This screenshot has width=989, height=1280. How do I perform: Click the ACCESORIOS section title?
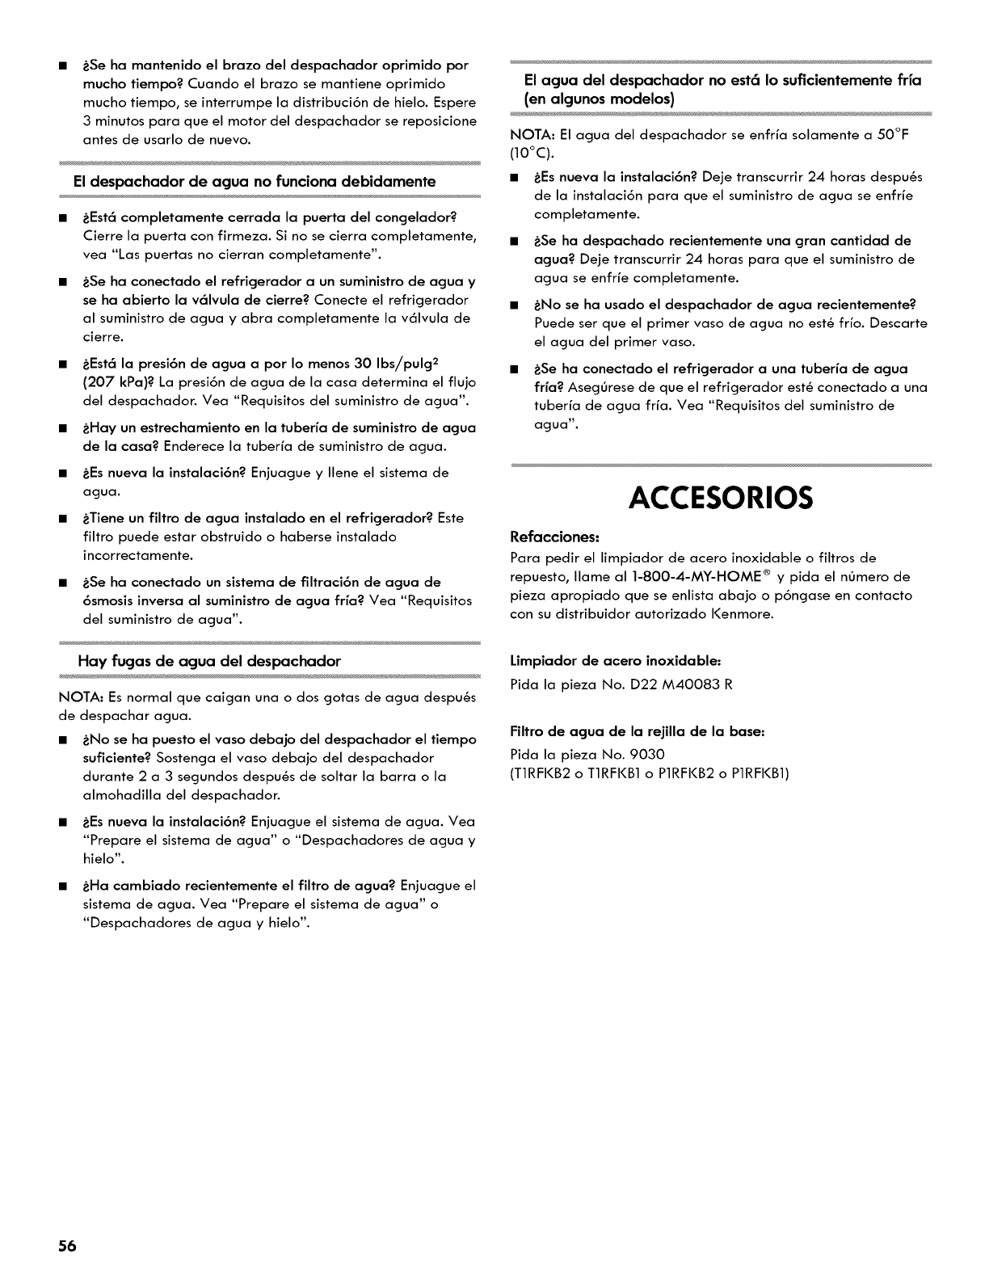(x=720, y=499)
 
